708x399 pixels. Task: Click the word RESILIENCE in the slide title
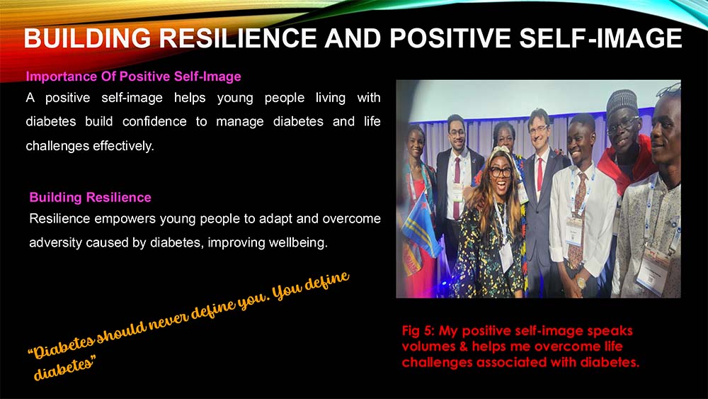[x=238, y=38]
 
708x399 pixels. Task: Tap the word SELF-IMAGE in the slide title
[x=600, y=38]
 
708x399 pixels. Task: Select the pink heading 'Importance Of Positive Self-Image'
[x=133, y=77]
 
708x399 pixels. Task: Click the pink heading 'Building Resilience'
[x=91, y=198]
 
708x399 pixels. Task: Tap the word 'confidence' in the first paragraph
[x=154, y=122]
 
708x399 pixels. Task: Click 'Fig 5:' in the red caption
[x=418, y=331]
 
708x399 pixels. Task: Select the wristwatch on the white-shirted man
[x=581, y=283]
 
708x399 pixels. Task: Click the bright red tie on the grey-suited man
[x=539, y=174]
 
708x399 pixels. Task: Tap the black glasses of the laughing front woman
[x=501, y=172]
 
